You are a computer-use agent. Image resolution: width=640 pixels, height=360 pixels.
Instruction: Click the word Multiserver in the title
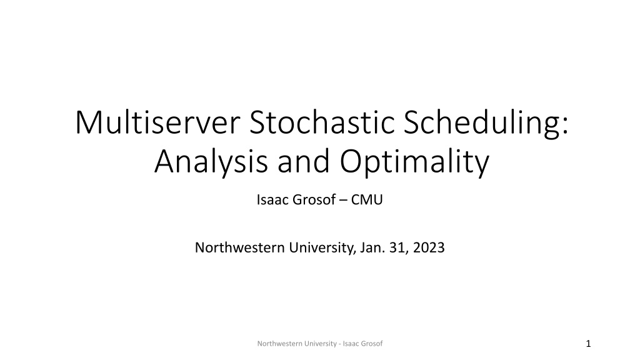click(x=157, y=122)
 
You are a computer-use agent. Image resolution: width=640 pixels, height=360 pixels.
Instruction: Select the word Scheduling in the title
click(x=486, y=124)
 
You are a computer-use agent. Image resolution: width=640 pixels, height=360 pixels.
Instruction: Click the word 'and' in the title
click(x=303, y=161)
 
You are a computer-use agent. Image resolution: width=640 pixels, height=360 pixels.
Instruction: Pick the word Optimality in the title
click(x=414, y=162)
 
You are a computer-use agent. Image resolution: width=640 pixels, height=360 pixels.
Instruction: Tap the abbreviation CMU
click(x=367, y=199)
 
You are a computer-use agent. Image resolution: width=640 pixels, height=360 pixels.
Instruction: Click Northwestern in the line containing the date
click(x=239, y=247)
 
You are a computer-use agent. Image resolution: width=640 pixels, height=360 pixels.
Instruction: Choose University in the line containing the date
click(x=322, y=248)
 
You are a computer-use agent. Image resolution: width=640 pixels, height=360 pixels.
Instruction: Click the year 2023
click(x=429, y=247)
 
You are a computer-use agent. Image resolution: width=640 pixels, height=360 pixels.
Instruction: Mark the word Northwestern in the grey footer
click(x=279, y=344)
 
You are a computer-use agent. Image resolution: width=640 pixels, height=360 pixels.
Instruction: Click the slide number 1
click(x=588, y=344)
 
